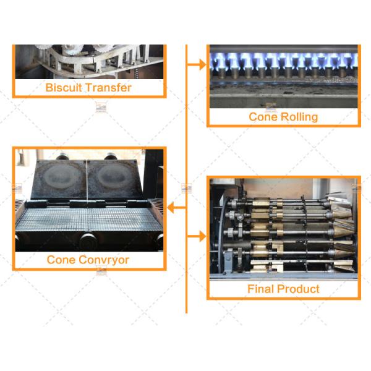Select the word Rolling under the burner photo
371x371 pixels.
299,117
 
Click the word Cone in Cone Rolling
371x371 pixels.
263,117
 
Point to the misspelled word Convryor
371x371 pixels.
104,260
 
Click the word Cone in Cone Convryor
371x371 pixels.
61,260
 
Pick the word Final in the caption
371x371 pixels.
261,289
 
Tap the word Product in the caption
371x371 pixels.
299,289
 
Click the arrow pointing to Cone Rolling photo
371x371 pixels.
197,64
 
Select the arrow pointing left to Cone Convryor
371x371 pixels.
176,208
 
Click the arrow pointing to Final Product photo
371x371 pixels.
197,236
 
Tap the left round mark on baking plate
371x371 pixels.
59,176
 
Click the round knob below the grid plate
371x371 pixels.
88,241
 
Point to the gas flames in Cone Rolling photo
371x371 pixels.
284,61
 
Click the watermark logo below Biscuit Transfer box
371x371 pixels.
101,107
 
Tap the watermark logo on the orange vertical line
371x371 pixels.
187,189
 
